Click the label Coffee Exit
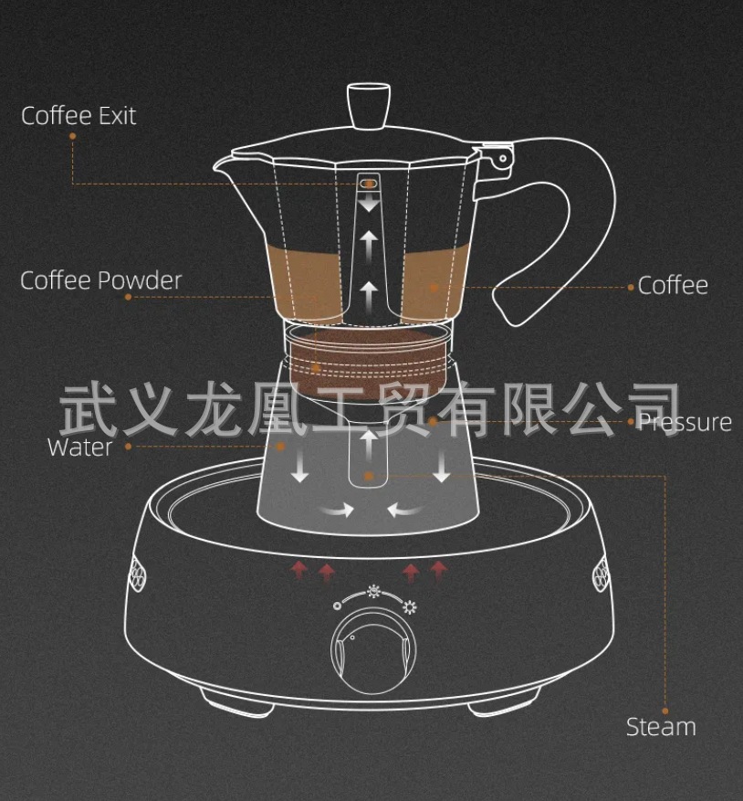point(78,116)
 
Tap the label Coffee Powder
point(101,280)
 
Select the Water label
point(79,447)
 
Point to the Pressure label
point(685,422)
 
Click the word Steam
point(661,727)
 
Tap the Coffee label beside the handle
point(673,285)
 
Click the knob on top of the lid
point(369,105)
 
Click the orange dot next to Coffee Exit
point(72,137)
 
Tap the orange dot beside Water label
point(128,447)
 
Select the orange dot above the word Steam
point(665,710)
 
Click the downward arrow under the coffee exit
point(369,206)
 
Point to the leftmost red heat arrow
point(298,572)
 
